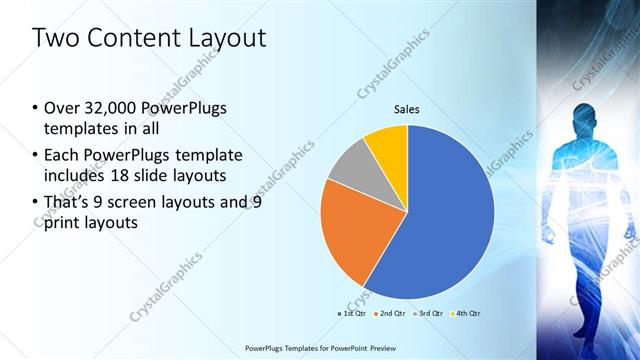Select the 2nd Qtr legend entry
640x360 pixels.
tap(388, 313)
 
